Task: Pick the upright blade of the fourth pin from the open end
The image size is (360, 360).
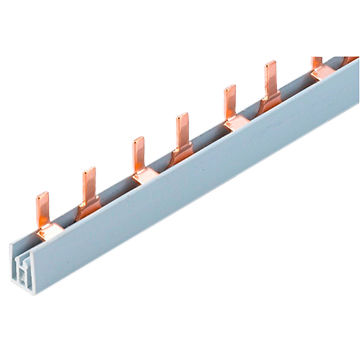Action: [x=184, y=125]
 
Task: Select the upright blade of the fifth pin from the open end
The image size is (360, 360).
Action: [x=227, y=99]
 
